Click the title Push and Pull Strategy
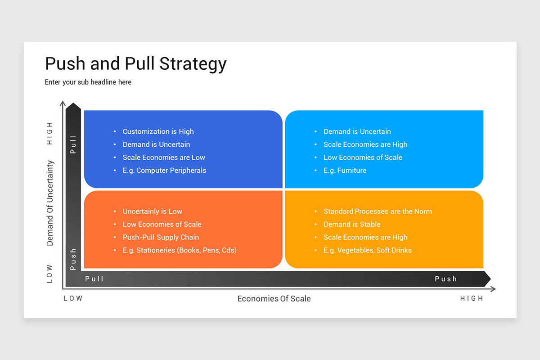(x=135, y=64)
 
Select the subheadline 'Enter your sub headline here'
(x=88, y=82)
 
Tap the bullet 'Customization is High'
(x=158, y=131)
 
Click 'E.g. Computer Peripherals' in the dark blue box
(x=164, y=171)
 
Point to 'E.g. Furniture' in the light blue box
(x=345, y=171)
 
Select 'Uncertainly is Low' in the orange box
(x=152, y=211)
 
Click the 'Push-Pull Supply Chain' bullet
(x=161, y=237)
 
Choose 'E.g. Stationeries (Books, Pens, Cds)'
(x=179, y=250)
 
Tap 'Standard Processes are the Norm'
(x=378, y=211)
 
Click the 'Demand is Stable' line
(x=352, y=224)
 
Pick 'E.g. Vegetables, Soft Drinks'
(x=367, y=250)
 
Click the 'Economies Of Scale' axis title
(x=274, y=299)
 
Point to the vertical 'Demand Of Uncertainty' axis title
(x=50, y=203)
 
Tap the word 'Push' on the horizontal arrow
(x=445, y=279)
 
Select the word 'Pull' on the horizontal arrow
(x=94, y=279)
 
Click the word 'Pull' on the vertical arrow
(x=73, y=144)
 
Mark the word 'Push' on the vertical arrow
(x=73, y=259)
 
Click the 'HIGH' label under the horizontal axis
(x=471, y=299)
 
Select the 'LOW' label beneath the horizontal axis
(x=73, y=299)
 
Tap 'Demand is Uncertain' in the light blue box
(x=357, y=131)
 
